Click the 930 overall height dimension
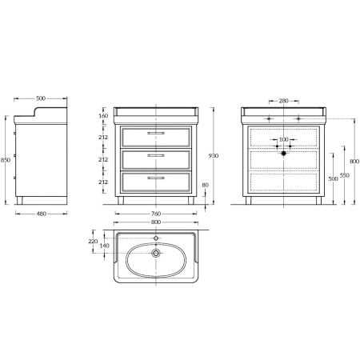[x=214, y=156]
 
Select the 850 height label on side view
[x=6, y=160]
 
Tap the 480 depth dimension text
[x=42, y=214]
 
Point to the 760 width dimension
[x=156, y=214]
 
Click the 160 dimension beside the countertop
[x=103, y=116]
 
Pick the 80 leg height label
[x=205, y=185]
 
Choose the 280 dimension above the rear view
[x=283, y=101]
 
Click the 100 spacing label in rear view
[x=283, y=139]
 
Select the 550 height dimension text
[x=345, y=175]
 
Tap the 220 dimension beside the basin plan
[x=93, y=242]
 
